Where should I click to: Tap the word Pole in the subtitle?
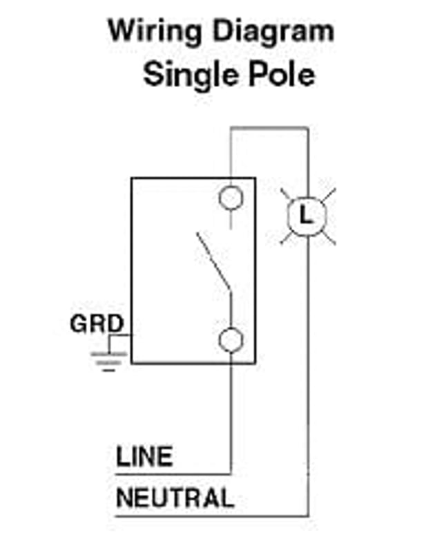(x=282, y=75)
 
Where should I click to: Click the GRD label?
(x=97, y=324)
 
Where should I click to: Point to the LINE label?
(x=144, y=456)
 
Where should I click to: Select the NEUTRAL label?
(x=175, y=498)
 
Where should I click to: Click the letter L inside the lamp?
(x=305, y=215)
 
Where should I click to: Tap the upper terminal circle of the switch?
(x=231, y=198)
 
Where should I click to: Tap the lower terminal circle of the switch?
(x=231, y=340)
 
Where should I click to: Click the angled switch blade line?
(x=214, y=262)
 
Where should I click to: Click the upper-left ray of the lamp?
(x=287, y=196)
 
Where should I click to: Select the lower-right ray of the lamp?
(x=329, y=238)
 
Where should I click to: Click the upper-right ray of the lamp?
(x=329, y=196)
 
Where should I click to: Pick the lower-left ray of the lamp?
(x=287, y=238)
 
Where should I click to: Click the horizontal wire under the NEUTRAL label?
(x=212, y=516)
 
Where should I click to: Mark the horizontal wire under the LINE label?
(x=173, y=474)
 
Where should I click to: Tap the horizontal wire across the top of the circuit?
(x=269, y=128)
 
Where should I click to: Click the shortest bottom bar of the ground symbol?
(x=109, y=371)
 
